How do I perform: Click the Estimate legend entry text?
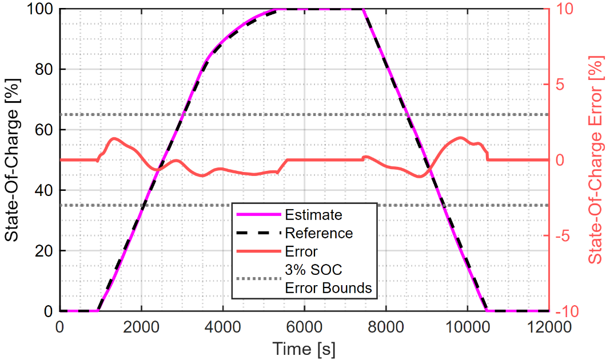[x=313, y=215]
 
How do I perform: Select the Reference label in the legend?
[x=318, y=233]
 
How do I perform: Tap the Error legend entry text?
[x=301, y=251]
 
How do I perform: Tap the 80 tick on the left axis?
[x=44, y=69]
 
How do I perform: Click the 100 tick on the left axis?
[x=40, y=9]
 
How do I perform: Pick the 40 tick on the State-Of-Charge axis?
[x=44, y=190]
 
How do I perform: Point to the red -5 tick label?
[x=565, y=235]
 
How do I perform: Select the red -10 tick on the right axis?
[x=568, y=311]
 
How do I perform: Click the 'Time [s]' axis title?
[x=304, y=347]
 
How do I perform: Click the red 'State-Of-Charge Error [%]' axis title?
[x=596, y=159]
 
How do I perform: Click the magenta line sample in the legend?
[x=259, y=215]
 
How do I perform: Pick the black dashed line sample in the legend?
[x=259, y=233]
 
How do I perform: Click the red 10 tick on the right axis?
[x=565, y=9]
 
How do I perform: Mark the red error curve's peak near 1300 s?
[x=114, y=138]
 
